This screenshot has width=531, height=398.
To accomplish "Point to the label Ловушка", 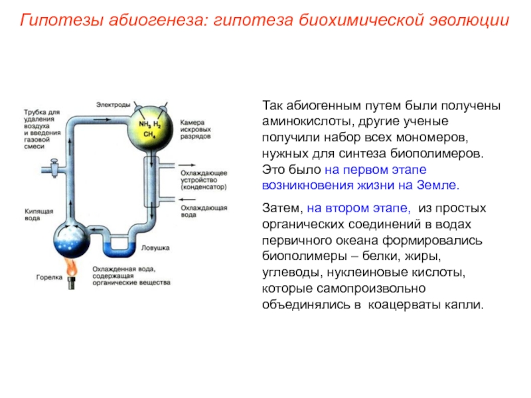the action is [x=155, y=247].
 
